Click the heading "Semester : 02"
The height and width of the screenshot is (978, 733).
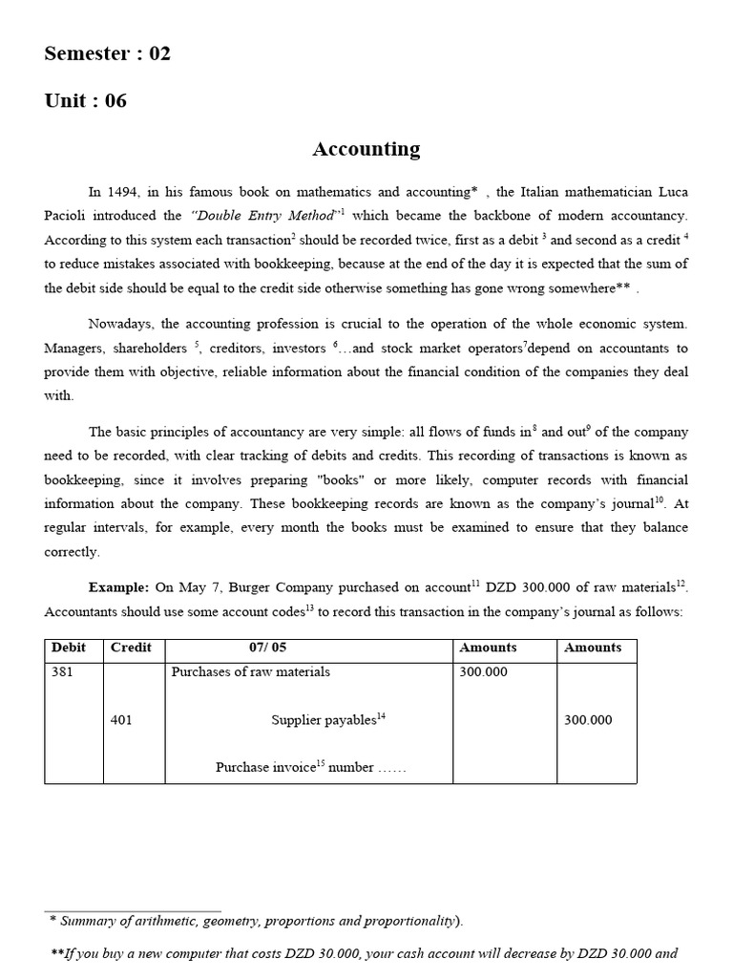[x=108, y=53]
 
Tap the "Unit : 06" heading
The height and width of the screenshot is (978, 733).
[x=85, y=101]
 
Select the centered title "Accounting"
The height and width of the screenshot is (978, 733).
[x=366, y=149]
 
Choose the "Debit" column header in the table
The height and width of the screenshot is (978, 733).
[x=69, y=648]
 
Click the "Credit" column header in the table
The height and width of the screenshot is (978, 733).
[x=131, y=648]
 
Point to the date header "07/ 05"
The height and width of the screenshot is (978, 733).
[x=267, y=648]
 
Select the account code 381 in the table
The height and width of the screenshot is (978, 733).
[x=63, y=671]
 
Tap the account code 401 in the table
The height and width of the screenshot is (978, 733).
[x=122, y=720]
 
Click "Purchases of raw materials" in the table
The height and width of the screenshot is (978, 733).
[x=251, y=671]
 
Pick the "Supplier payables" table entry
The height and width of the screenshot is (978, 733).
[x=325, y=720]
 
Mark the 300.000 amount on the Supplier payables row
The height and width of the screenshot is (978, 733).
[x=588, y=720]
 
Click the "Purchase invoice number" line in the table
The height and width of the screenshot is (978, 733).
[x=310, y=767]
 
